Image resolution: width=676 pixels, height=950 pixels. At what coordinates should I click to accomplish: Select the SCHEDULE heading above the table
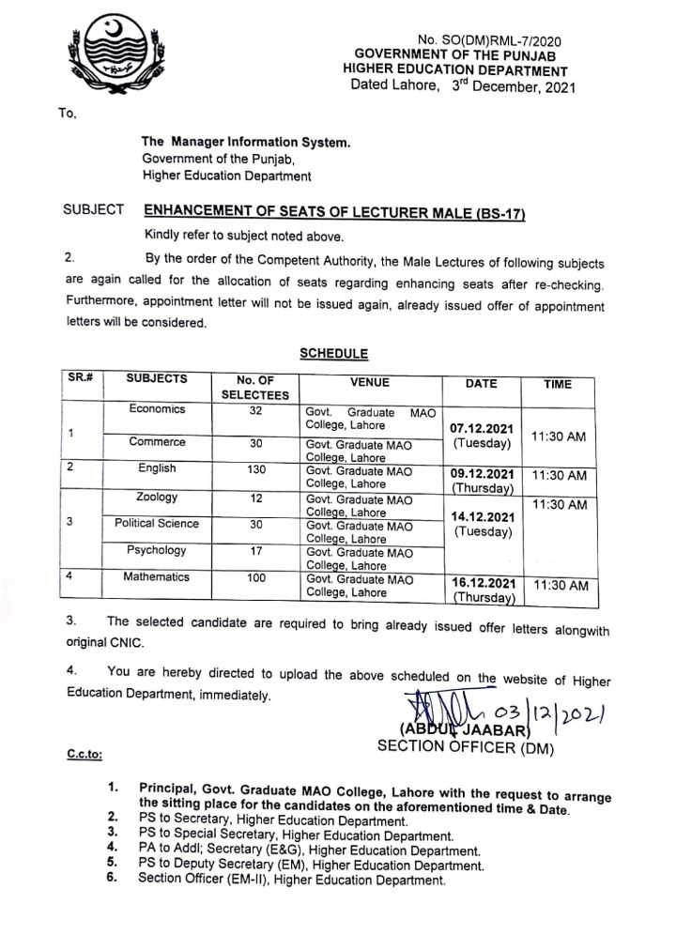(x=333, y=354)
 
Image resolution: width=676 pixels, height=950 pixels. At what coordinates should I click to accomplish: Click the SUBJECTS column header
(x=157, y=380)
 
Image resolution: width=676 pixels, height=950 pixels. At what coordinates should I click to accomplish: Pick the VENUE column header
(x=370, y=383)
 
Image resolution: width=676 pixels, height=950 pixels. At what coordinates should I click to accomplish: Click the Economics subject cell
(x=158, y=409)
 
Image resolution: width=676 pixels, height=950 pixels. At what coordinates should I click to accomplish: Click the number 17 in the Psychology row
(x=255, y=551)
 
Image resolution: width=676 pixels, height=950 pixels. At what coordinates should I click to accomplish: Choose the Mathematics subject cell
(x=157, y=577)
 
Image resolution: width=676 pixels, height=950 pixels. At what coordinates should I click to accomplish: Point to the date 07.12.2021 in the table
(x=482, y=428)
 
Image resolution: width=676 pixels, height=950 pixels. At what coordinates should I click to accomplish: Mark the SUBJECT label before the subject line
(x=93, y=211)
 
